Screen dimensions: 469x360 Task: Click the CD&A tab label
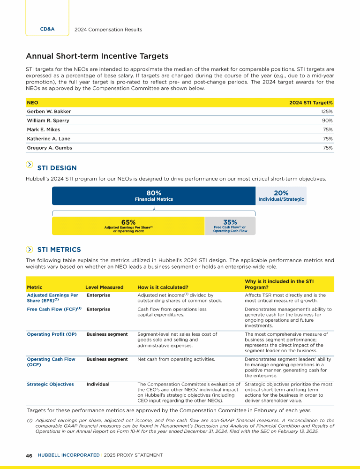(x=47, y=29)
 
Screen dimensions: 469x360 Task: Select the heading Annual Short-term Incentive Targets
(x=97, y=56)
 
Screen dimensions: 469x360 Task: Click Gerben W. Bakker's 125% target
(x=326, y=112)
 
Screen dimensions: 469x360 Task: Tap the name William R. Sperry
(x=49, y=121)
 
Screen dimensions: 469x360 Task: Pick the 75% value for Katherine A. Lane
(x=328, y=139)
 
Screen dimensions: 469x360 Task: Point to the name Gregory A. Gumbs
(x=50, y=148)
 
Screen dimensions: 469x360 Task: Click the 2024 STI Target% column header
(x=311, y=102)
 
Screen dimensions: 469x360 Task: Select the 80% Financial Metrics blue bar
(x=154, y=196)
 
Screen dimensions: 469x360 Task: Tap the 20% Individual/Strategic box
(x=281, y=196)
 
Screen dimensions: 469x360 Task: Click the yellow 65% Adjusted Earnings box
(x=128, y=226)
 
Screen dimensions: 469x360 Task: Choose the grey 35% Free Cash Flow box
(x=230, y=226)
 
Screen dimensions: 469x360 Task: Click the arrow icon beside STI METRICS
(x=30, y=249)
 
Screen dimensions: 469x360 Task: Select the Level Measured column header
(x=105, y=287)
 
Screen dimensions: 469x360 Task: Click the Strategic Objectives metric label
(x=50, y=384)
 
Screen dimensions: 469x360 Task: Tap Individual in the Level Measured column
(x=98, y=384)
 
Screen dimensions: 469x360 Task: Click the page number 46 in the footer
(x=29, y=455)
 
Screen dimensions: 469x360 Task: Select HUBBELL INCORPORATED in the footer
(x=67, y=455)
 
